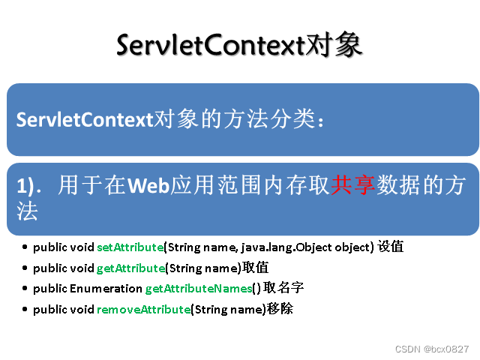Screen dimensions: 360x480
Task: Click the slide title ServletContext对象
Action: tap(239, 45)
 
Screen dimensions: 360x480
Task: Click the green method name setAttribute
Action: tap(130, 247)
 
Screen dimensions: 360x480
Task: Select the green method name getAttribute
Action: tap(130, 268)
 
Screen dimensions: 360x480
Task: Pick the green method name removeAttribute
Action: tap(143, 308)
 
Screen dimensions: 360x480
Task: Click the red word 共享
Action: tap(353, 186)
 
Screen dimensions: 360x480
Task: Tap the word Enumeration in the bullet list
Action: tap(106, 288)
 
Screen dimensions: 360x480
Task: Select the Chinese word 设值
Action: tap(391, 247)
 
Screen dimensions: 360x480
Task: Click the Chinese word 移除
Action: tap(280, 308)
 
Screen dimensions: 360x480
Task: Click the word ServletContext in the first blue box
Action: tap(84, 120)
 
